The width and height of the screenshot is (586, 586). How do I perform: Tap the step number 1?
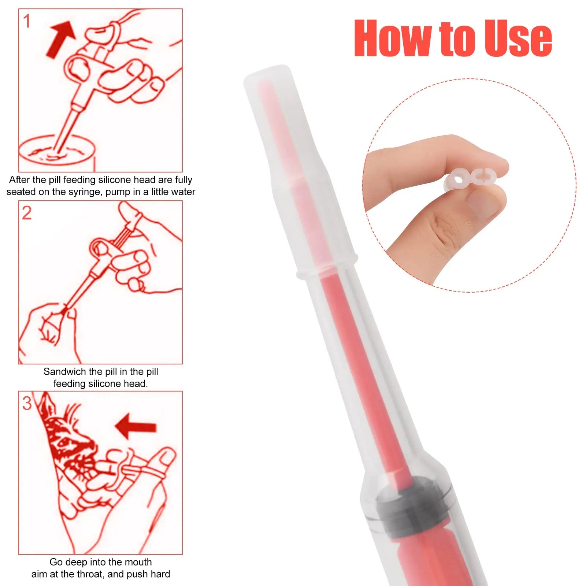click(x=27, y=21)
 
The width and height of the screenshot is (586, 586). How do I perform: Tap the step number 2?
click(x=27, y=213)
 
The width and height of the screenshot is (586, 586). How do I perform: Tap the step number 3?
click(x=27, y=404)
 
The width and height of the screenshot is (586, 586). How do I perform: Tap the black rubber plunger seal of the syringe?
click(x=414, y=504)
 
